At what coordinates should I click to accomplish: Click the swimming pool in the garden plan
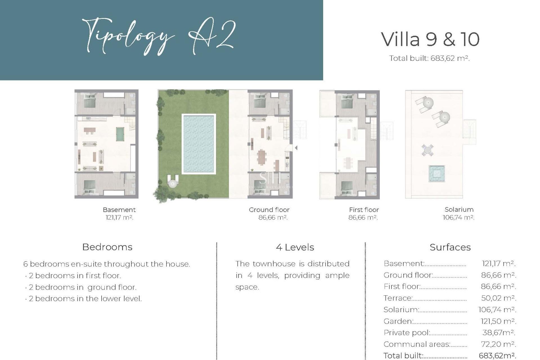pos(199,144)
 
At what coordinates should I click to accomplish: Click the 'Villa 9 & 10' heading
pos(430,39)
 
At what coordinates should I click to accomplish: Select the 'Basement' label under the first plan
pos(119,210)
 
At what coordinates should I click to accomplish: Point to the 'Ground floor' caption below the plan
pos(269,210)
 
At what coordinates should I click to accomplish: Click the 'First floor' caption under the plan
pos(364,210)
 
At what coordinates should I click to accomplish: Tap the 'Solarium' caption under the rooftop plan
pos(459,210)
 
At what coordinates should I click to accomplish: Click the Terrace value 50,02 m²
pos(498,298)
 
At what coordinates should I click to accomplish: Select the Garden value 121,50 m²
pos(498,321)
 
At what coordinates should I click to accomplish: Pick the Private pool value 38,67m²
pos(498,333)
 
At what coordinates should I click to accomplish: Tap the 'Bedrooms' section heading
pos(107,247)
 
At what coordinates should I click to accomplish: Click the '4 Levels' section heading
pos(295,247)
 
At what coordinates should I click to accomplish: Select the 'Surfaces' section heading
pos(450,247)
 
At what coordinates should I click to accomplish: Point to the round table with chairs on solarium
pos(427,150)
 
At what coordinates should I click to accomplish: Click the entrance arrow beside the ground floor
pos(296,148)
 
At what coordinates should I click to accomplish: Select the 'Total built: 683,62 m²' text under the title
pos(429,58)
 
